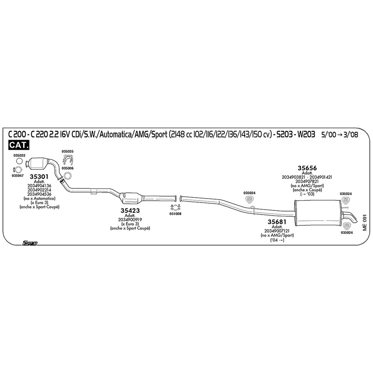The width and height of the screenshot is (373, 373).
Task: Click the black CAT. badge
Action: (x=19, y=145)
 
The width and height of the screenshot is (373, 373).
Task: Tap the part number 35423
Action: (x=130, y=210)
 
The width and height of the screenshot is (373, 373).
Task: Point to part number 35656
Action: (x=307, y=168)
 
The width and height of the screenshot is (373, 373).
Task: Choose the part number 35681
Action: (x=277, y=222)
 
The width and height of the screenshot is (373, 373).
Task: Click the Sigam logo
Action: (x=30, y=243)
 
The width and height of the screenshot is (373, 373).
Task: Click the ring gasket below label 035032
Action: (x=19, y=161)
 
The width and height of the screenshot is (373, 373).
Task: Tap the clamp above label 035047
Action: (x=17, y=170)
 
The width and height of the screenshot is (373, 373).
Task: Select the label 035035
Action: (x=67, y=151)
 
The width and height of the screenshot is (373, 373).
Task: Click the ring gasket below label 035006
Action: (x=67, y=176)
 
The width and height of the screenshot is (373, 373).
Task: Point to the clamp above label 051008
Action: (x=176, y=208)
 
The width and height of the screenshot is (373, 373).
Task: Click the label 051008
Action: (x=175, y=214)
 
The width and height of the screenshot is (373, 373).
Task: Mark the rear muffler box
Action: (x=317, y=213)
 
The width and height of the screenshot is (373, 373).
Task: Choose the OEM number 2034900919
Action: (x=130, y=220)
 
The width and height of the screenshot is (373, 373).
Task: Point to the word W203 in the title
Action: (x=306, y=135)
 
